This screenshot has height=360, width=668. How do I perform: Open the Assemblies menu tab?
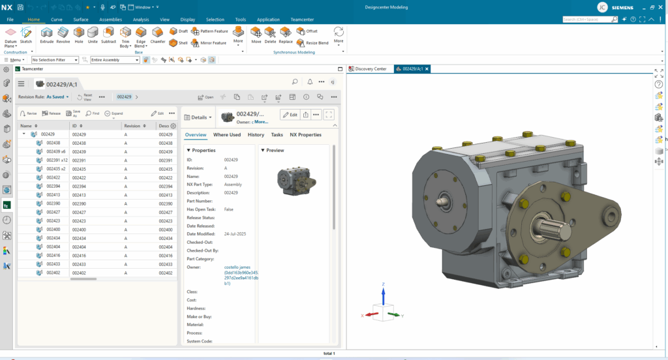[110, 20]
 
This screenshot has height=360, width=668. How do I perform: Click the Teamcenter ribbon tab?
[302, 20]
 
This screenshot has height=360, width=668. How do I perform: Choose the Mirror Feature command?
[209, 43]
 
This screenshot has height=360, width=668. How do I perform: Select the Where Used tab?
[226, 135]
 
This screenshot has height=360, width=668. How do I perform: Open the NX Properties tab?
[305, 135]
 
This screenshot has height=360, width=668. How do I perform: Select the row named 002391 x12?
[57, 160]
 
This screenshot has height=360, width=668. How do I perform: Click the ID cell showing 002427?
[79, 212]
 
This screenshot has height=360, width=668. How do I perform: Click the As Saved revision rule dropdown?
[57, 97]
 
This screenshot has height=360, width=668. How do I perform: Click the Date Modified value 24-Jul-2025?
[235, 234]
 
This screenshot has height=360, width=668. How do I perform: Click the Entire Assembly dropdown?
[115, 60]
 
